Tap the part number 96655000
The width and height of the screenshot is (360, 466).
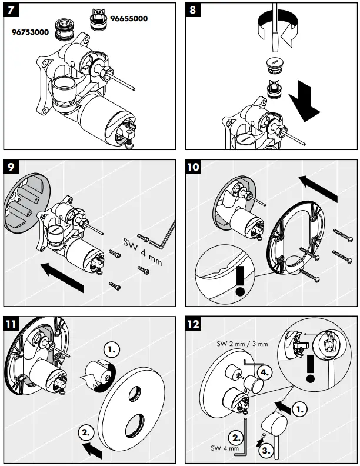click(127, 18)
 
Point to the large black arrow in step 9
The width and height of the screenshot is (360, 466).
click(62, 277)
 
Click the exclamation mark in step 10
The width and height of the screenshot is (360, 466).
click(239, 282)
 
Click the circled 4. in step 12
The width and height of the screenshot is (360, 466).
click(265, 372)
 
